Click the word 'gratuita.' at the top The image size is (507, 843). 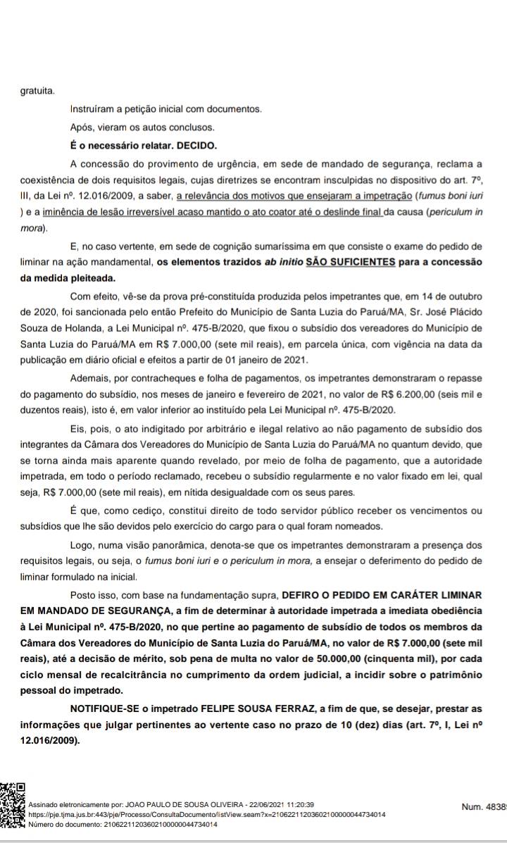(x=37, y=91)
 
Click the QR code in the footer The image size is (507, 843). (x=13, y=813)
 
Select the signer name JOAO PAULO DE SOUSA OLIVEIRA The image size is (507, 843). (x=180, y=804)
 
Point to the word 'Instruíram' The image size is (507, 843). (x=94, y=109)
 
